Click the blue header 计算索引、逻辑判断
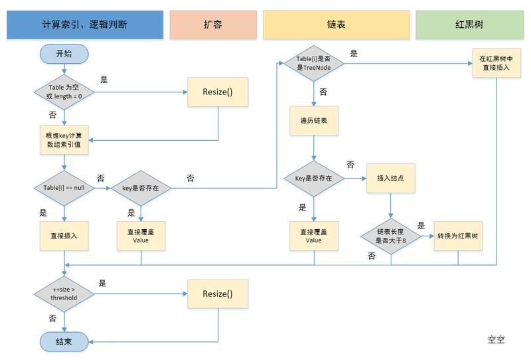84,24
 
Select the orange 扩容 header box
212,24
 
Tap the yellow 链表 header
335,24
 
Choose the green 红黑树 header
469,24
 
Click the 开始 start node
64,54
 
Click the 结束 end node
64,341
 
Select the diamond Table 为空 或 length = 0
64,92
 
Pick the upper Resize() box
218,92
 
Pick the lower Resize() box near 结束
218,293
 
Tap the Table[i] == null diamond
64,189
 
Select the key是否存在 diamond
141,189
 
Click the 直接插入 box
64,235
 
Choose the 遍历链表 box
313,121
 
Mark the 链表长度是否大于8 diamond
391,235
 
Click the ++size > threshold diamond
64,293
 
